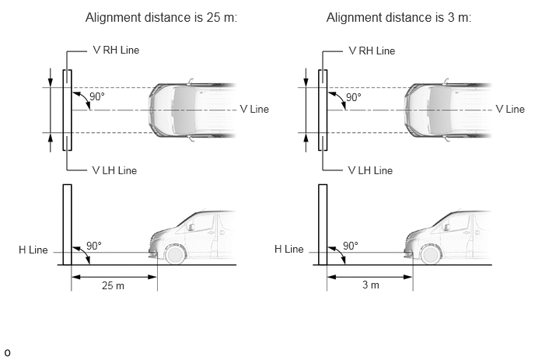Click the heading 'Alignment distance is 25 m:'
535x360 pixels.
[x=161, y=17]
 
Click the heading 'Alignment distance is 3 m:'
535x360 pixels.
[x=399, y=17]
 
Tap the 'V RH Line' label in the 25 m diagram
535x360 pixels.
[x=116, y=51]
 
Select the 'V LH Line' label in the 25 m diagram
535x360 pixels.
[x=114, y=170]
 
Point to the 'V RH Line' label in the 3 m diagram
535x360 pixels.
[x=372, y=51]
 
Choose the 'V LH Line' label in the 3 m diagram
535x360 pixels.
[x=370, y=170]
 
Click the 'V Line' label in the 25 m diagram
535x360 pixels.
[x=254, y=109]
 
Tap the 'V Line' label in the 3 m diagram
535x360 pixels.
[x=510, y=109]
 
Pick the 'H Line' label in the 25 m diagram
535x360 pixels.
[x=33, y=250]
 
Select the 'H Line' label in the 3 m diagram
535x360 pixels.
[x=289, y=249]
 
